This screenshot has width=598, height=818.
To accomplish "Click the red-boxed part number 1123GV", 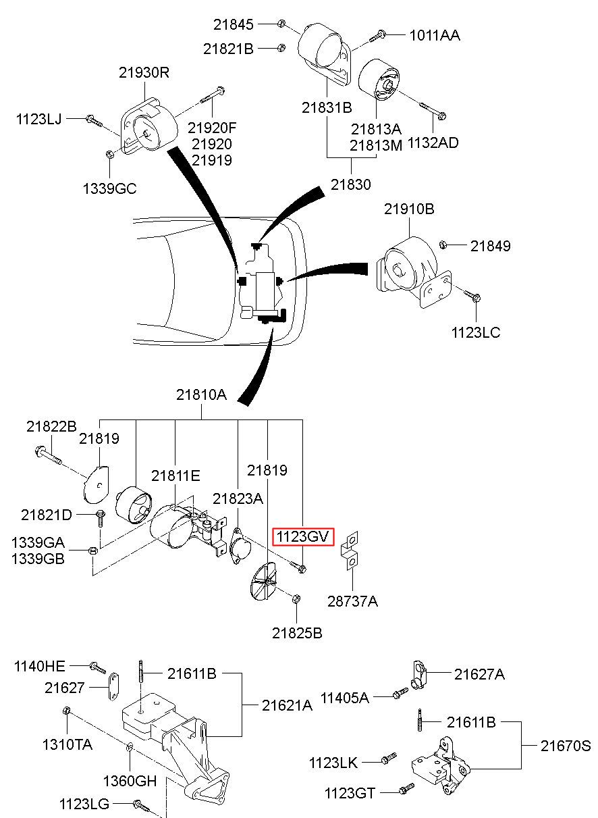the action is (302, 536).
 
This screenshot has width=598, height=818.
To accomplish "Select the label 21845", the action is (233, 24).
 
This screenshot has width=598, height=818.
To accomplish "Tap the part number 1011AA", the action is (435, 35).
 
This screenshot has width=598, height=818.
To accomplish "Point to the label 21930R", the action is (144, 73).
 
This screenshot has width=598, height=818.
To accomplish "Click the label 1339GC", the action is (109, 188).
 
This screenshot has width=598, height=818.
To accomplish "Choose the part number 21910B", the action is (409, 209).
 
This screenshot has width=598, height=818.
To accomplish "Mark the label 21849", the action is (490, 246).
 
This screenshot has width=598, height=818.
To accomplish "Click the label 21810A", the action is (201, 394).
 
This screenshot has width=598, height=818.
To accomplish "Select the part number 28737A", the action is (352, 600).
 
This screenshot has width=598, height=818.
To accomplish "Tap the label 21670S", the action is (565, 745).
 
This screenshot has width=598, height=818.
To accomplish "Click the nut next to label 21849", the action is (443, 244).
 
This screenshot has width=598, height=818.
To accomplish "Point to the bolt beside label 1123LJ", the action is (94, 120).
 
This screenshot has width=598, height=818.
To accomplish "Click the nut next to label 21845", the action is (281, 24).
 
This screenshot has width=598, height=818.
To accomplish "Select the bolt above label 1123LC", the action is (472, 295).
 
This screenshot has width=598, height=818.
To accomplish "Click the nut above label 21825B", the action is (296, 598).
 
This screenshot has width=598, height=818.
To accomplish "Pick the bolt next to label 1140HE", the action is (97, 667).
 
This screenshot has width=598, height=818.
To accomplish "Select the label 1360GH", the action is (130, 781).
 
